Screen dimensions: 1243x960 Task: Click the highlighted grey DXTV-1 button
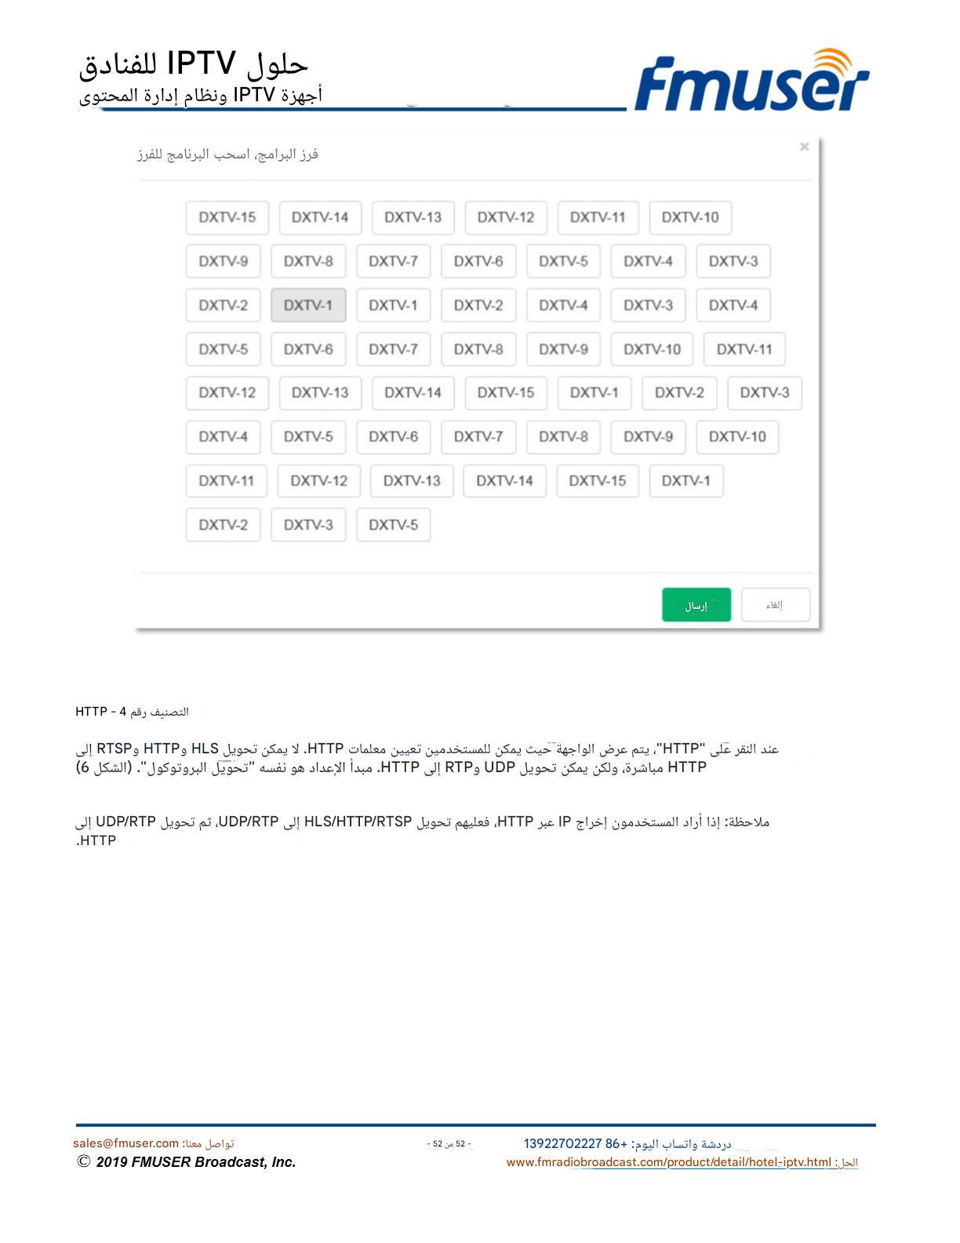[308, 305]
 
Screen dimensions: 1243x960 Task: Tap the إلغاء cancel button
[775, 605]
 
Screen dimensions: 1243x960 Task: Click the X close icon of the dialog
[804, 147]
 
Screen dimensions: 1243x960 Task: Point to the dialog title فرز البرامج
[227, 155]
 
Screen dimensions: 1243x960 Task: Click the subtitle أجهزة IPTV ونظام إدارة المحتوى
[201, 96]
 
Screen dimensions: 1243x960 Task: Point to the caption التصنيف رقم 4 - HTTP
[132, 712]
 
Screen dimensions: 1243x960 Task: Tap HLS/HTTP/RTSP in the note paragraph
[358, 822]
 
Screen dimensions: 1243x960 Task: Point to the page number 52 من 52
[449, 1144]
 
